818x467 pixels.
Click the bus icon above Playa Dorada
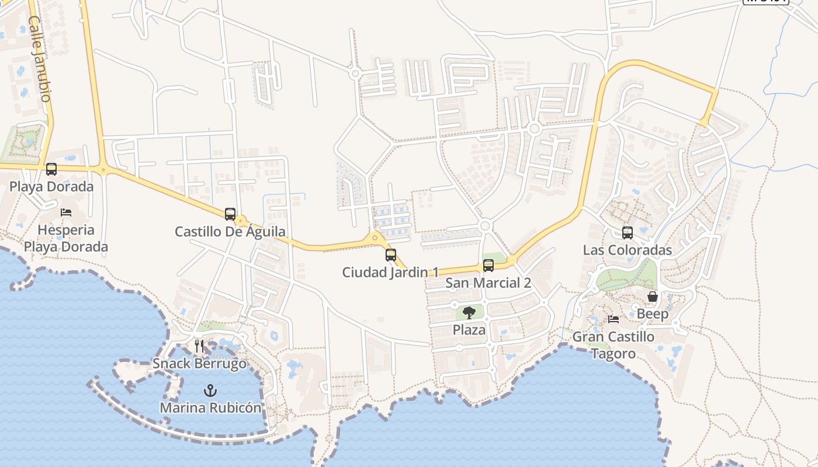pyautogui.click(x=51, y=169)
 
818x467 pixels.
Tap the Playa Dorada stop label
pyautogui.click(x=51, y=187)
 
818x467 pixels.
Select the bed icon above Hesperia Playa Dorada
pyautogui.click(x=66, y=212)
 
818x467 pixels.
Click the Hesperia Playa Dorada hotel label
pyautogui.click(x=66, y=238)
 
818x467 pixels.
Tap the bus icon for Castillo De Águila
pyautogui.click(x=230, y=214)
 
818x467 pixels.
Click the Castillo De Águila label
pyautogui.click(x=230, y=232)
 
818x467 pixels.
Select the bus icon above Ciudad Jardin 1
pyautogui.click(x=391, y=255)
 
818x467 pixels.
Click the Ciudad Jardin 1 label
pyautogui.click(x=391, y=273)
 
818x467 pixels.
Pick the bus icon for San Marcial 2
pyautogui.click(x=488, y=266)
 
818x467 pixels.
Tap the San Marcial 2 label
pyautogui.click(x=488, y=283)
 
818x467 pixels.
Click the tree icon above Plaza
pyautogui.click(x=469, y=312)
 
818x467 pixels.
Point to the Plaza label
pyautogui.click(x=469, y=330)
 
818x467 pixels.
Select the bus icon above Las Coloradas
pyautogui.click(x=628, y=233)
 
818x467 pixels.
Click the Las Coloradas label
pyautogui.click(x=628, y=250)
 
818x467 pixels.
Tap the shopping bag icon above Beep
pyautogui.click(x=653, y=297)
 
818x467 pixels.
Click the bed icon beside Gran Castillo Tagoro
pyautogui.click(x=613, y=319)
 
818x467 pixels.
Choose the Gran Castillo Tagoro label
pyautogui.click(x=613, y=345)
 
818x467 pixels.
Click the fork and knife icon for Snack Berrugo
pyautogui.click(x=199, y=346)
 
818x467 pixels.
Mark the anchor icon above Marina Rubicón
pyautogui.click(x=210, y=390)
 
